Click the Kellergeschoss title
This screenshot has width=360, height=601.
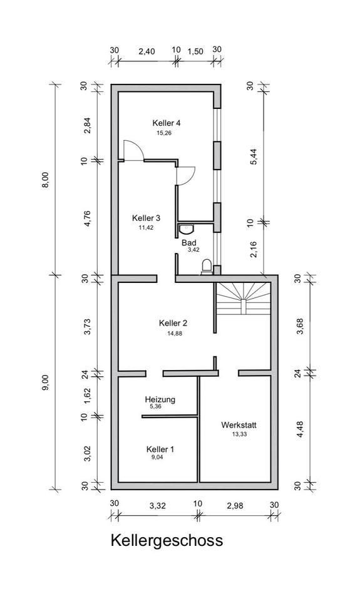coord(167,541)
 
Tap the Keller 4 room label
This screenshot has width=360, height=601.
coord(167,123)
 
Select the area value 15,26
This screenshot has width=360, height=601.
coord(163,133)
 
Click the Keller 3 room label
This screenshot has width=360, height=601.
coord(146,218)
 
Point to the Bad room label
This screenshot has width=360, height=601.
coord(189,243)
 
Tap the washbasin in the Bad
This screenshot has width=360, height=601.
coord(187,229)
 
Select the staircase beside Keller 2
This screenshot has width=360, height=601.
coord(244,299)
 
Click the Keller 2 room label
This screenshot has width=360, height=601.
coord(173,323)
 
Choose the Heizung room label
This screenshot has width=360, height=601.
coord(160,399)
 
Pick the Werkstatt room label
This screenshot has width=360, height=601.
coord(239,425)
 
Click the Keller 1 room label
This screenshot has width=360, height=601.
coord(160,449)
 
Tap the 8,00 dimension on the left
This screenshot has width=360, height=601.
coord(46,180)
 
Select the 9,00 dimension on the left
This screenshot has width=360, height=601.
coord(46,383)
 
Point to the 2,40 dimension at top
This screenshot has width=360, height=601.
coord(147,51)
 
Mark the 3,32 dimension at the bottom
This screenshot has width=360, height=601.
coord(158,506)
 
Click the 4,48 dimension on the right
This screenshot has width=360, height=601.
coord(300,429)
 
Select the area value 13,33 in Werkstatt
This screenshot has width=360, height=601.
coord(239,434)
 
